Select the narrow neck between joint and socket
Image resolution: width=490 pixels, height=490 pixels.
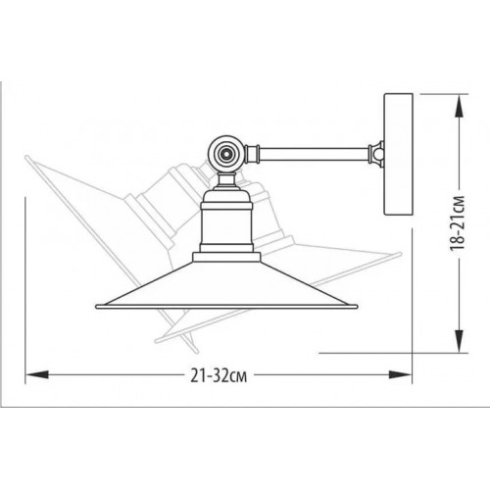[226, 181]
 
